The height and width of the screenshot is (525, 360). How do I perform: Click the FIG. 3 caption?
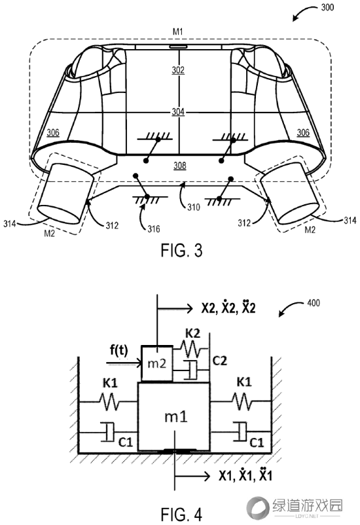[181, 251]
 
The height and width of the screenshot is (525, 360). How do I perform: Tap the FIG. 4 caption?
[181, 515]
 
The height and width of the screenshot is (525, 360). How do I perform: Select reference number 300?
[327, 7]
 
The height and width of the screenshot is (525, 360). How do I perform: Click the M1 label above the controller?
[178, 32]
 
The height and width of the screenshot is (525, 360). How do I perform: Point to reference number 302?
[178, 70]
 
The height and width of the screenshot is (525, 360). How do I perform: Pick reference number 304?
[178, 111]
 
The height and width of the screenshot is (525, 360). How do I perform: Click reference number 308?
[180, 166]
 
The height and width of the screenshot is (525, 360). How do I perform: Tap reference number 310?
[194, 208]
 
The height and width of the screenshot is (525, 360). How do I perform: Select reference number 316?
[154, 229]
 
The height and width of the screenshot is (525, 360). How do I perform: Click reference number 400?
[314, 303]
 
